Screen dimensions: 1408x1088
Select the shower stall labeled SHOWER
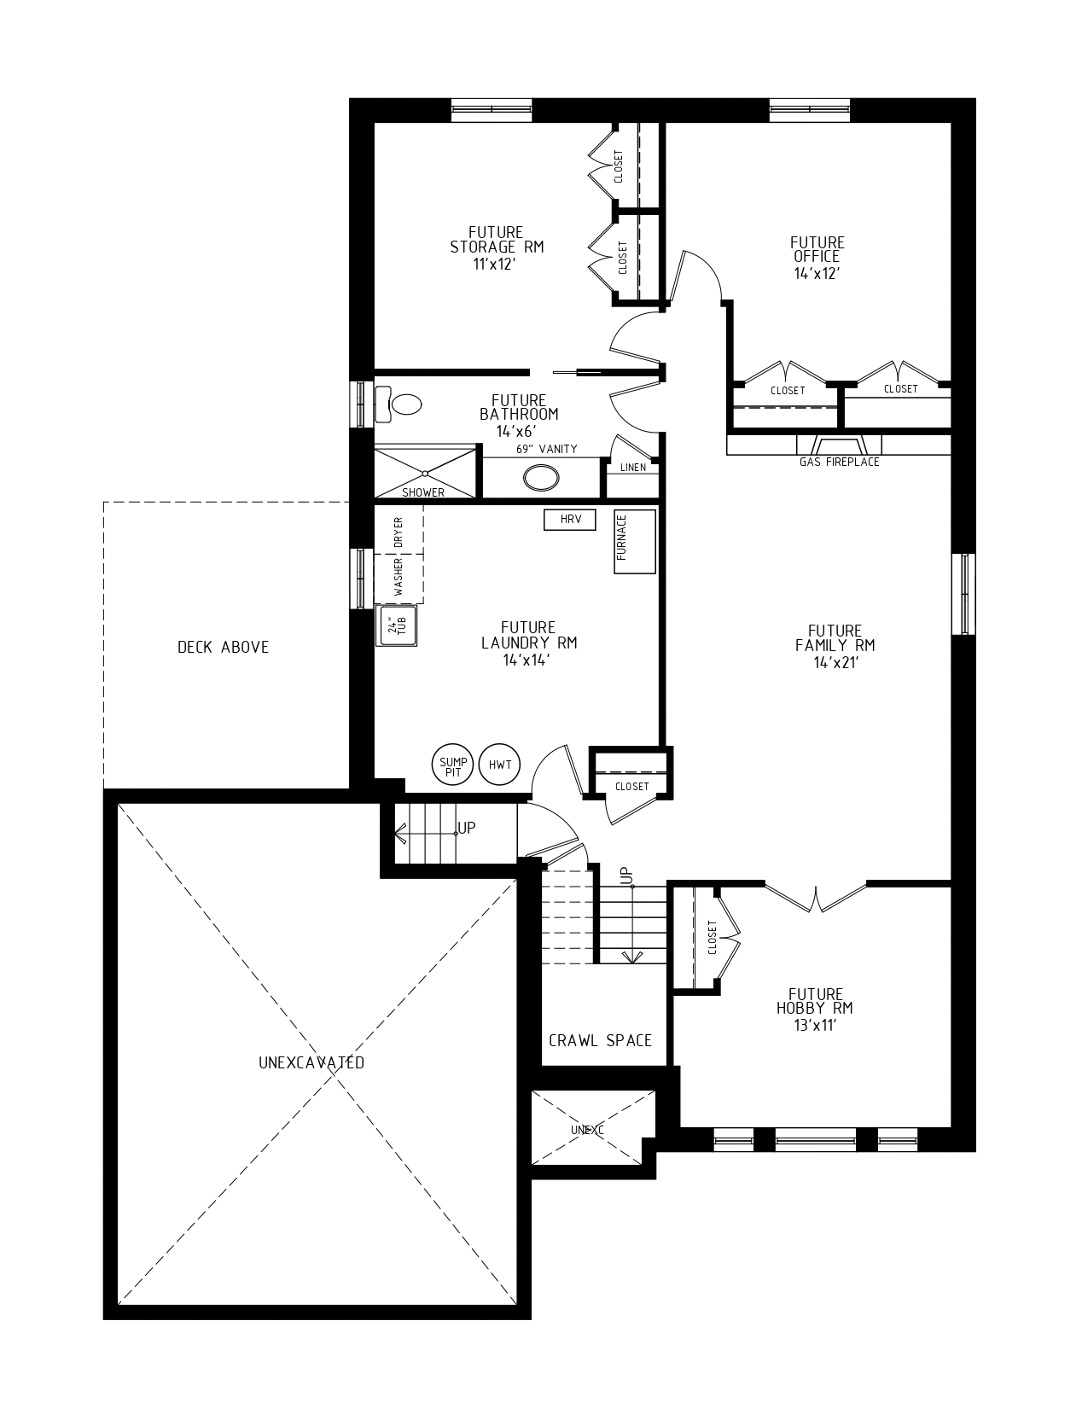coord(424,471)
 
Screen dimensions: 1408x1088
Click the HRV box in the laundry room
coord(569,519)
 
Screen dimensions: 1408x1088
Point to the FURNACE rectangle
coord(635,541)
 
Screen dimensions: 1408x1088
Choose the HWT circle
coord(500,765)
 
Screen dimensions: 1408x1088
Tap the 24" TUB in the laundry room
coord(397,626)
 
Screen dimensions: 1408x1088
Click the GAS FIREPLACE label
coord(839,462)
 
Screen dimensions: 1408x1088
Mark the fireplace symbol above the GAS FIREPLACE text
coord(839,445)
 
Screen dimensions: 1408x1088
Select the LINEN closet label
coord(633,468)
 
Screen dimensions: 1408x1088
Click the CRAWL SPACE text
coord(600,1040)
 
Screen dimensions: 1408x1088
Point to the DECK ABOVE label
coord(223,647)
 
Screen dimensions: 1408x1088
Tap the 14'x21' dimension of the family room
coord(835,660)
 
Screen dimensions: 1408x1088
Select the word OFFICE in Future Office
coord(817,256)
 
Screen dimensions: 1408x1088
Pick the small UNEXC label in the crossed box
coord(587,1130)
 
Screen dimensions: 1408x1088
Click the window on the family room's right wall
coord(963,594)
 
